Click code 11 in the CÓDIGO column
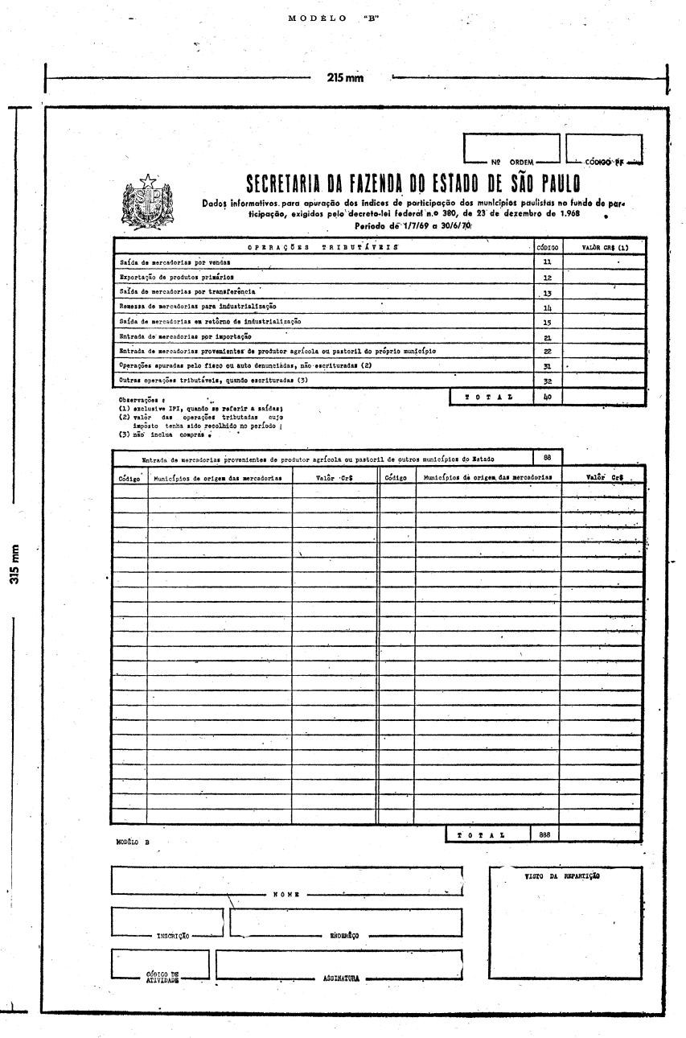pos(547,263)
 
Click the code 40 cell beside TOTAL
pos(547,397)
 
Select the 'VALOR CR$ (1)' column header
pos(604,249)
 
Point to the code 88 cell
pos(547,458)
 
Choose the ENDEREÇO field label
pos(344,936)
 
